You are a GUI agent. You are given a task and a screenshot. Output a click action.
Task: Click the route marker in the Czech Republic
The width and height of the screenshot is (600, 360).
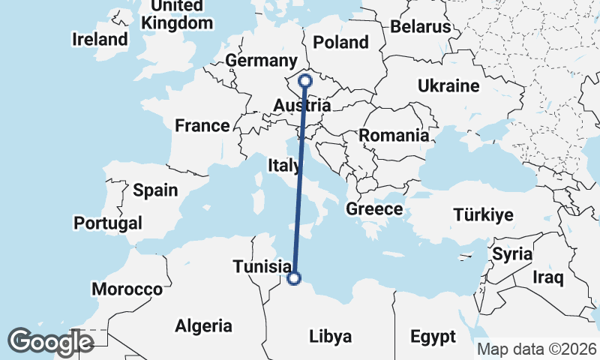tap(305, 81)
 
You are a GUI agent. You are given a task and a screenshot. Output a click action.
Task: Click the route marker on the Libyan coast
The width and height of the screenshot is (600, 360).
tap(294, 278)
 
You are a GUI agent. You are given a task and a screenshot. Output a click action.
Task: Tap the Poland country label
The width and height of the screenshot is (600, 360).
tap(341, 42)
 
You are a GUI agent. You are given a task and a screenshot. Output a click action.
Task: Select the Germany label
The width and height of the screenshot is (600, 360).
tap(261, 61)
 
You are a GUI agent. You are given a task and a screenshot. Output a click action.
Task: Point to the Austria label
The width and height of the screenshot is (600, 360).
tap(303, 106)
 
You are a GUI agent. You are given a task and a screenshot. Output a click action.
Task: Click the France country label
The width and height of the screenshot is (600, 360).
tap(202, 125)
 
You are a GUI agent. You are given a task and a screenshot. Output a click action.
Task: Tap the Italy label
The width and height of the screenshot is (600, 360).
tap(286, 164)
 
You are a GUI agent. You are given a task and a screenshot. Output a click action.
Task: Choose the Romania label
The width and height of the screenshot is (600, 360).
tap(394, 136)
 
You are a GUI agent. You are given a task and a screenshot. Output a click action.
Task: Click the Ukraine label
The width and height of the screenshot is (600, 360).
tap(448, 86)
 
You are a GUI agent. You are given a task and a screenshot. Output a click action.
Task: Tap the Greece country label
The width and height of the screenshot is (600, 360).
tap(374, 209)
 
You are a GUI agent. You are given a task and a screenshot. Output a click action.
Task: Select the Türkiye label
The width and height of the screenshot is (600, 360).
tap(483, 215)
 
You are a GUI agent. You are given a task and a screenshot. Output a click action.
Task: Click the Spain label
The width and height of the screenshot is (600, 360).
tap(155, 190)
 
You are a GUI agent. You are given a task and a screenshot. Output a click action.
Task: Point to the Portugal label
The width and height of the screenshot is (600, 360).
tap(108, 223)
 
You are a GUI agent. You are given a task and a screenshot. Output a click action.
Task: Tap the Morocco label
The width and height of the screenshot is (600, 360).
tap(127, 289)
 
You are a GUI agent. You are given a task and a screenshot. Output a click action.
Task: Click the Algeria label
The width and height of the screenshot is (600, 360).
tap(203, 326)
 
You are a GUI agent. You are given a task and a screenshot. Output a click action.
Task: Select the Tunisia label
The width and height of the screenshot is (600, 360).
tap(262, 266)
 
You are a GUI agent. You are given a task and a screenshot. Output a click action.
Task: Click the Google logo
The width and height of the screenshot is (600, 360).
tap(50, 342)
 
